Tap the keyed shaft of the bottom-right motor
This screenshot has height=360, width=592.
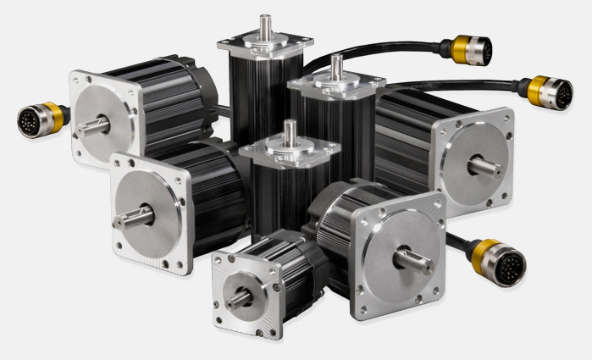tap(414, 258)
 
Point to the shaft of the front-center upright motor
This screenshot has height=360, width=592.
tap(290, 133)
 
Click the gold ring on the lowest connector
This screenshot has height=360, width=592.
tap(486, 254)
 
